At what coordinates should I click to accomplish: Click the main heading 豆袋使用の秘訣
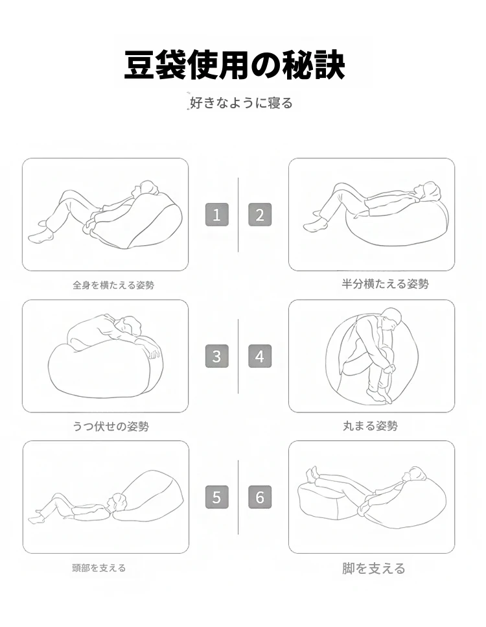[x=235, y=64]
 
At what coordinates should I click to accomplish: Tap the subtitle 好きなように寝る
[x=241, y=102]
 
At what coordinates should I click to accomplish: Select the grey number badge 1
[x=217, y=215]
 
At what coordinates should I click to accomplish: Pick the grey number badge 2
[x=260, y=215]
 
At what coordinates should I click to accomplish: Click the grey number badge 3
[x=217, y=356]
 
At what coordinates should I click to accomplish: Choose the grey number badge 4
[x=260, y=356]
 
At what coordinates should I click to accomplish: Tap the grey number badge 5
[x=217, y=497]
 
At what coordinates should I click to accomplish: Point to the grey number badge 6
[x=260, y=497]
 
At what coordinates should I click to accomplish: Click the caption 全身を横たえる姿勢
[x=113, y=285]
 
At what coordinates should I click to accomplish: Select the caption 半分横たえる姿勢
[x=386, y=284]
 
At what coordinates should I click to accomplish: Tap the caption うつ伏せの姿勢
[x=111, y=426]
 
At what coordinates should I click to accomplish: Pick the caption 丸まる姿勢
[x=370, y=426]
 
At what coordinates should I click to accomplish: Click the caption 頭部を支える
[x=98, y=568]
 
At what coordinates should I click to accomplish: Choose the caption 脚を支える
[x=374, y=568]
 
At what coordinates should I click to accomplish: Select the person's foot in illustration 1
[x=40, y=236]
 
